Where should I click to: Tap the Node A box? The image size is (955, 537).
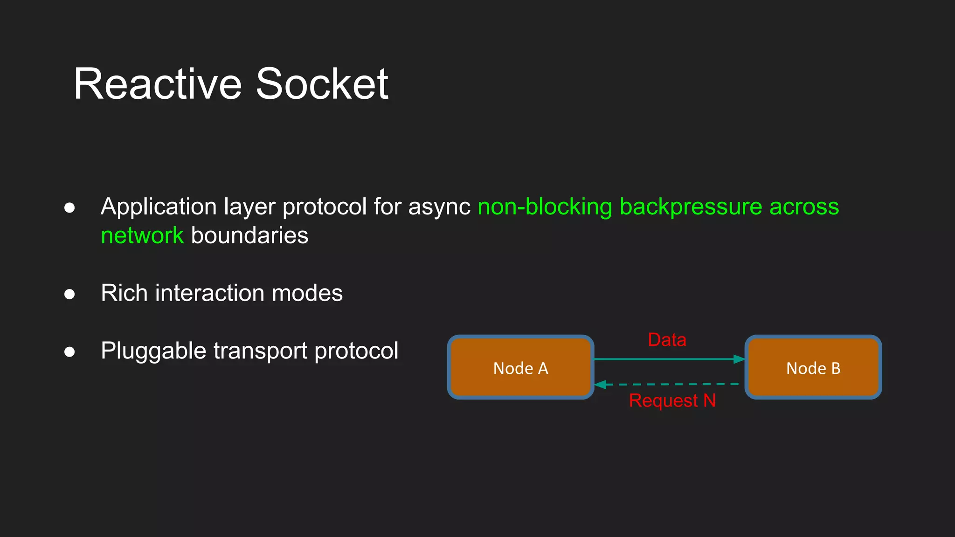click(520, 367)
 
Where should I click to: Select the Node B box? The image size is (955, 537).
click(813, 367)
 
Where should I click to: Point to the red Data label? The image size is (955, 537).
click(667, 340)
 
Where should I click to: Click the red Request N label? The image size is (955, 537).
click(672, 400)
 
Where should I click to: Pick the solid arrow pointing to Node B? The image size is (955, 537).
click(669, 359)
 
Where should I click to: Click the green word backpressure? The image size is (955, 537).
click(691, 207)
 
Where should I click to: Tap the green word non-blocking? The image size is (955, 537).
click(545, 207)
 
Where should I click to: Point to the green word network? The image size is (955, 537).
click(142, 235)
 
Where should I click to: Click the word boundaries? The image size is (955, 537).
click(249, 235)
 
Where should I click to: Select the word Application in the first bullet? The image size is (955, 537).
click(159, 207)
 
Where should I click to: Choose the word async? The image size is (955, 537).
click(439, 207)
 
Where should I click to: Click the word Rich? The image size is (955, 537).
click(124, 293)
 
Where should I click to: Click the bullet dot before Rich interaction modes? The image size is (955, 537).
click(69, 294)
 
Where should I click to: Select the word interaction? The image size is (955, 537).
click(209, 293)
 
